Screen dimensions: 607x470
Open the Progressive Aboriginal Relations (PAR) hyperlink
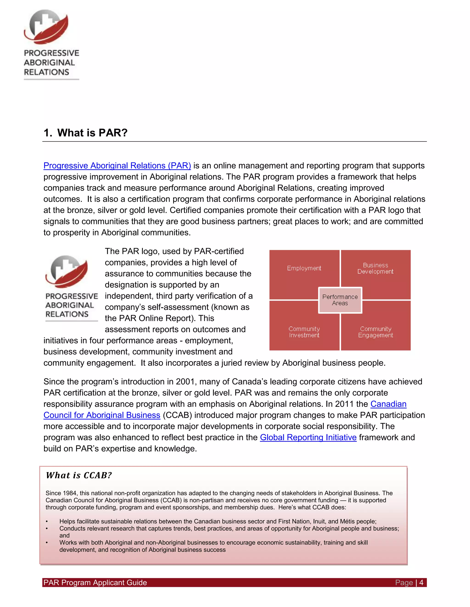coord(117,166)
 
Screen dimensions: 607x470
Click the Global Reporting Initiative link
coord(308,437)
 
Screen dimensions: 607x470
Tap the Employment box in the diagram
coord(304,268)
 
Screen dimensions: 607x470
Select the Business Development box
coord(375,268)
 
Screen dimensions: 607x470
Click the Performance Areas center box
coord(340,300)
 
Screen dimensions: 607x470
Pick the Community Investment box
coord(304,332)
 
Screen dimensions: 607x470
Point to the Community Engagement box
coord(375,332)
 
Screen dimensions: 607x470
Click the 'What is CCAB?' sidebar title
coord(79,475)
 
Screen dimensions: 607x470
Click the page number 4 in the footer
coord(421,582)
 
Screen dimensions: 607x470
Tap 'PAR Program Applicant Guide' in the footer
coord(95,582)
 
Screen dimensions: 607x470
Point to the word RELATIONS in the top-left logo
coord(47,72)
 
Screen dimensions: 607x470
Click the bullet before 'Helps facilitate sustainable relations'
coord(47,522)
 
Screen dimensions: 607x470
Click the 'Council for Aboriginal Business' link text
coord(102,415)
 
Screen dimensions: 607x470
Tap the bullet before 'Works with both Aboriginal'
coord(47,543)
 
